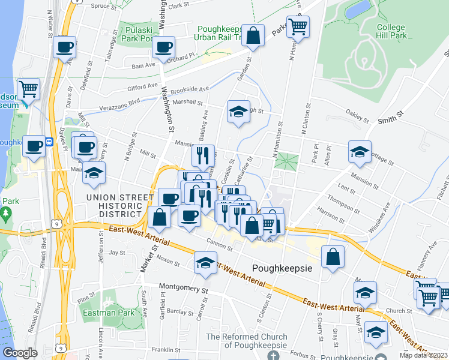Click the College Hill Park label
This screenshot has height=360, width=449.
391,31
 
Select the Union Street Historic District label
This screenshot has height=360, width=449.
116,205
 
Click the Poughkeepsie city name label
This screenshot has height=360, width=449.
282,268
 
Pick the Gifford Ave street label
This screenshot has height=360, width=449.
142,89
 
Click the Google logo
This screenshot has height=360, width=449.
20,353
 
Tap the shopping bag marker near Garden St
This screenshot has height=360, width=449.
253,35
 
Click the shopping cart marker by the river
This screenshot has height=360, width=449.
28,89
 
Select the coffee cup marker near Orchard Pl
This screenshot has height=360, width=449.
163,47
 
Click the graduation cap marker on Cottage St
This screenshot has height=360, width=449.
360,152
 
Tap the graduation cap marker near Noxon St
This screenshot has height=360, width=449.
205,263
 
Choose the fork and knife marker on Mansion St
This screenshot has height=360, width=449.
203,155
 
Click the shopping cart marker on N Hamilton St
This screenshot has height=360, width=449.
297,26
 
